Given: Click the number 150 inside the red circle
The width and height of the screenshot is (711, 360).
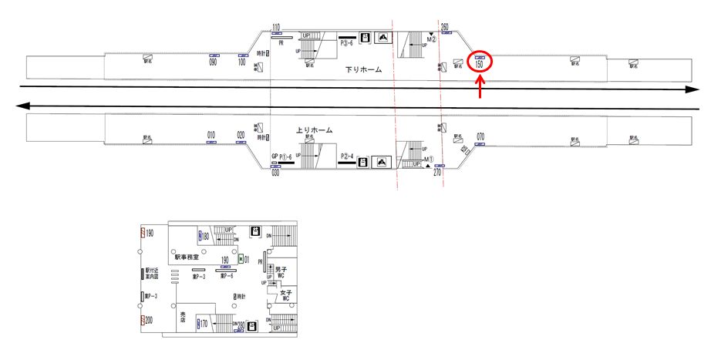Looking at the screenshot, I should click(480, 65).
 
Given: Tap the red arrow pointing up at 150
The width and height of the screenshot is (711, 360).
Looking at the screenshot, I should click(481, 88).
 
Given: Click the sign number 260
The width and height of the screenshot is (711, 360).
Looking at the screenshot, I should click(445, 28).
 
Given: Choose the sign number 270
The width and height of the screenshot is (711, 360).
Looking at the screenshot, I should click(437, 173).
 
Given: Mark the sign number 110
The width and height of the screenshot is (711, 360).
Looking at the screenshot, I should click(275, 29).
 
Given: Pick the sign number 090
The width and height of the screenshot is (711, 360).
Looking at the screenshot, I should click(213, 62).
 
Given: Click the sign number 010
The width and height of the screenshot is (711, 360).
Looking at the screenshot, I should click(211, 135).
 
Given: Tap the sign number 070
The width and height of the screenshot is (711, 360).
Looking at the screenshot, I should click(480, 136).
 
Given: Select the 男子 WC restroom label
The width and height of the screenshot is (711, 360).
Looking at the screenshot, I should click(281, 271).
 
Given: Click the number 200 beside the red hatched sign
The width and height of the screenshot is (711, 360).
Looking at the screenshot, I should click(150, 319).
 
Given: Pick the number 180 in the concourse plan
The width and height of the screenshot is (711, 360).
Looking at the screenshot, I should click(206, 236).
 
